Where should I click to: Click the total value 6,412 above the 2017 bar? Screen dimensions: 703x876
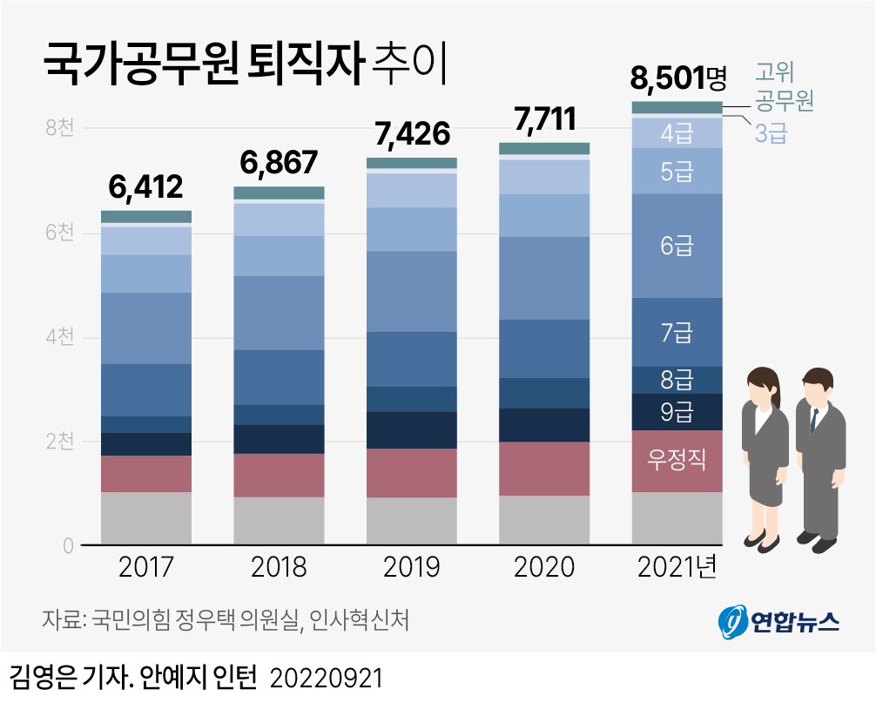point(145,186)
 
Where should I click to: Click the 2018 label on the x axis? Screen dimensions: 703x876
point(279,568)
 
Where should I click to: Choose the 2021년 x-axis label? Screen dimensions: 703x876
point(677,568)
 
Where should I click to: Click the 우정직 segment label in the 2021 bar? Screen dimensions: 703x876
point(677,459)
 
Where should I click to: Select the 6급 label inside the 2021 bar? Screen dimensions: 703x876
point(677,246)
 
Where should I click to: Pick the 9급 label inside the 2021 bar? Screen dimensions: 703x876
point(677,412)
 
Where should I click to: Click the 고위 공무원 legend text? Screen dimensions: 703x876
point(783,85)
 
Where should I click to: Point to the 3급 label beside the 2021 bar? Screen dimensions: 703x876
point(771,133)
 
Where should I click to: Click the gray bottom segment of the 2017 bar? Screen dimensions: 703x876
point(146,518)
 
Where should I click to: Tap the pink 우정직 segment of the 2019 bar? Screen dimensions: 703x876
point(411,473)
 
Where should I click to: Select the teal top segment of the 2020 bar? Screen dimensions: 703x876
point(544,148)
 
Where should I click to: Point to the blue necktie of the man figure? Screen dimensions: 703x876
point(814,420)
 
